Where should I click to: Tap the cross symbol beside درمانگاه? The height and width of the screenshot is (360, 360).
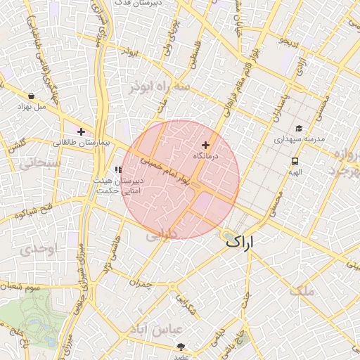pyautogui.click(x=205, y=145)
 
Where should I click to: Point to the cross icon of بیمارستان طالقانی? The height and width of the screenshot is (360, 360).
pyautogui.click(x=82, y=131)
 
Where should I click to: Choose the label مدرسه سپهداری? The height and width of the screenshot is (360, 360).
pyautogui.click(x=300, y=139)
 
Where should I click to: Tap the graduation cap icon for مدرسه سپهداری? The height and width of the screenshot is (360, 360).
pyautogui.click(x=300, y=129)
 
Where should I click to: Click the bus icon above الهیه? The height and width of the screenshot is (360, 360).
pyautogui.click(x=295, y=161)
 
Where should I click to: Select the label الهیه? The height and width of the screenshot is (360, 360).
pyautogui.click(x=295, y=172)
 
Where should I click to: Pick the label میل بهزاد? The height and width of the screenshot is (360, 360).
pyautogui.click(x=32, y=107)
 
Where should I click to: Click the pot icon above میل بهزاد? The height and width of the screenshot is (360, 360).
pyautogui.click(x=32, y=96)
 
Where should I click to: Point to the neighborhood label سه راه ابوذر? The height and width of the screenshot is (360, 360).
pyautogui.click(x=160, y=86)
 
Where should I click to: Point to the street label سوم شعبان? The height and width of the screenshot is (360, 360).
pyautogui.click(x=34, y=287)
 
